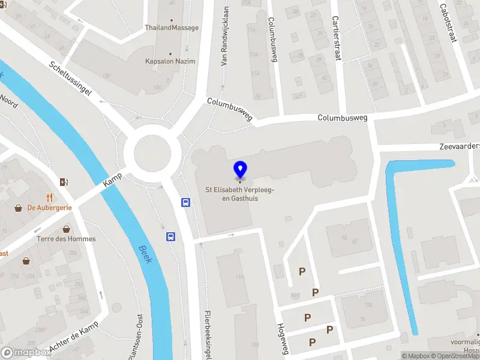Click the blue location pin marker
pyautogui.click(x=241, y=169)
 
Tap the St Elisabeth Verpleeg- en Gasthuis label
pyautogui.click(x=240, y=194)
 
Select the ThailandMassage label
pyautogui.click(x=172, y=28)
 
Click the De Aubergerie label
pyautogui.click(x=50, y=208)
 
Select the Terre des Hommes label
pyautogui.click(x=66, y=239)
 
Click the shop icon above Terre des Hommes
pyautogui.click(x=66, y=229)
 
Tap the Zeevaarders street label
pyautogui.click(x=460, y=146)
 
